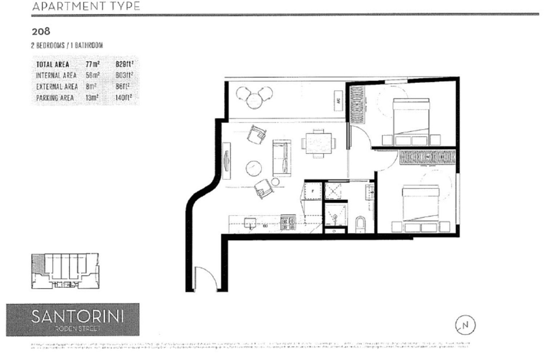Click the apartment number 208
coord(41,32)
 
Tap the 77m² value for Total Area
coord(93,65)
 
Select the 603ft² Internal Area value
coord(124,76)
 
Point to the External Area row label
coord(57,87)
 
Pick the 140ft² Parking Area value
coord(124,98)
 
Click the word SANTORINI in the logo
coord(77,316)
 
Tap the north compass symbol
coord(465,325)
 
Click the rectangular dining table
coord(319,143)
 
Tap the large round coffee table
coord(254,169)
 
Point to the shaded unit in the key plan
coord(37,263)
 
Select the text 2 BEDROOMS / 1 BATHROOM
coord(67,46)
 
